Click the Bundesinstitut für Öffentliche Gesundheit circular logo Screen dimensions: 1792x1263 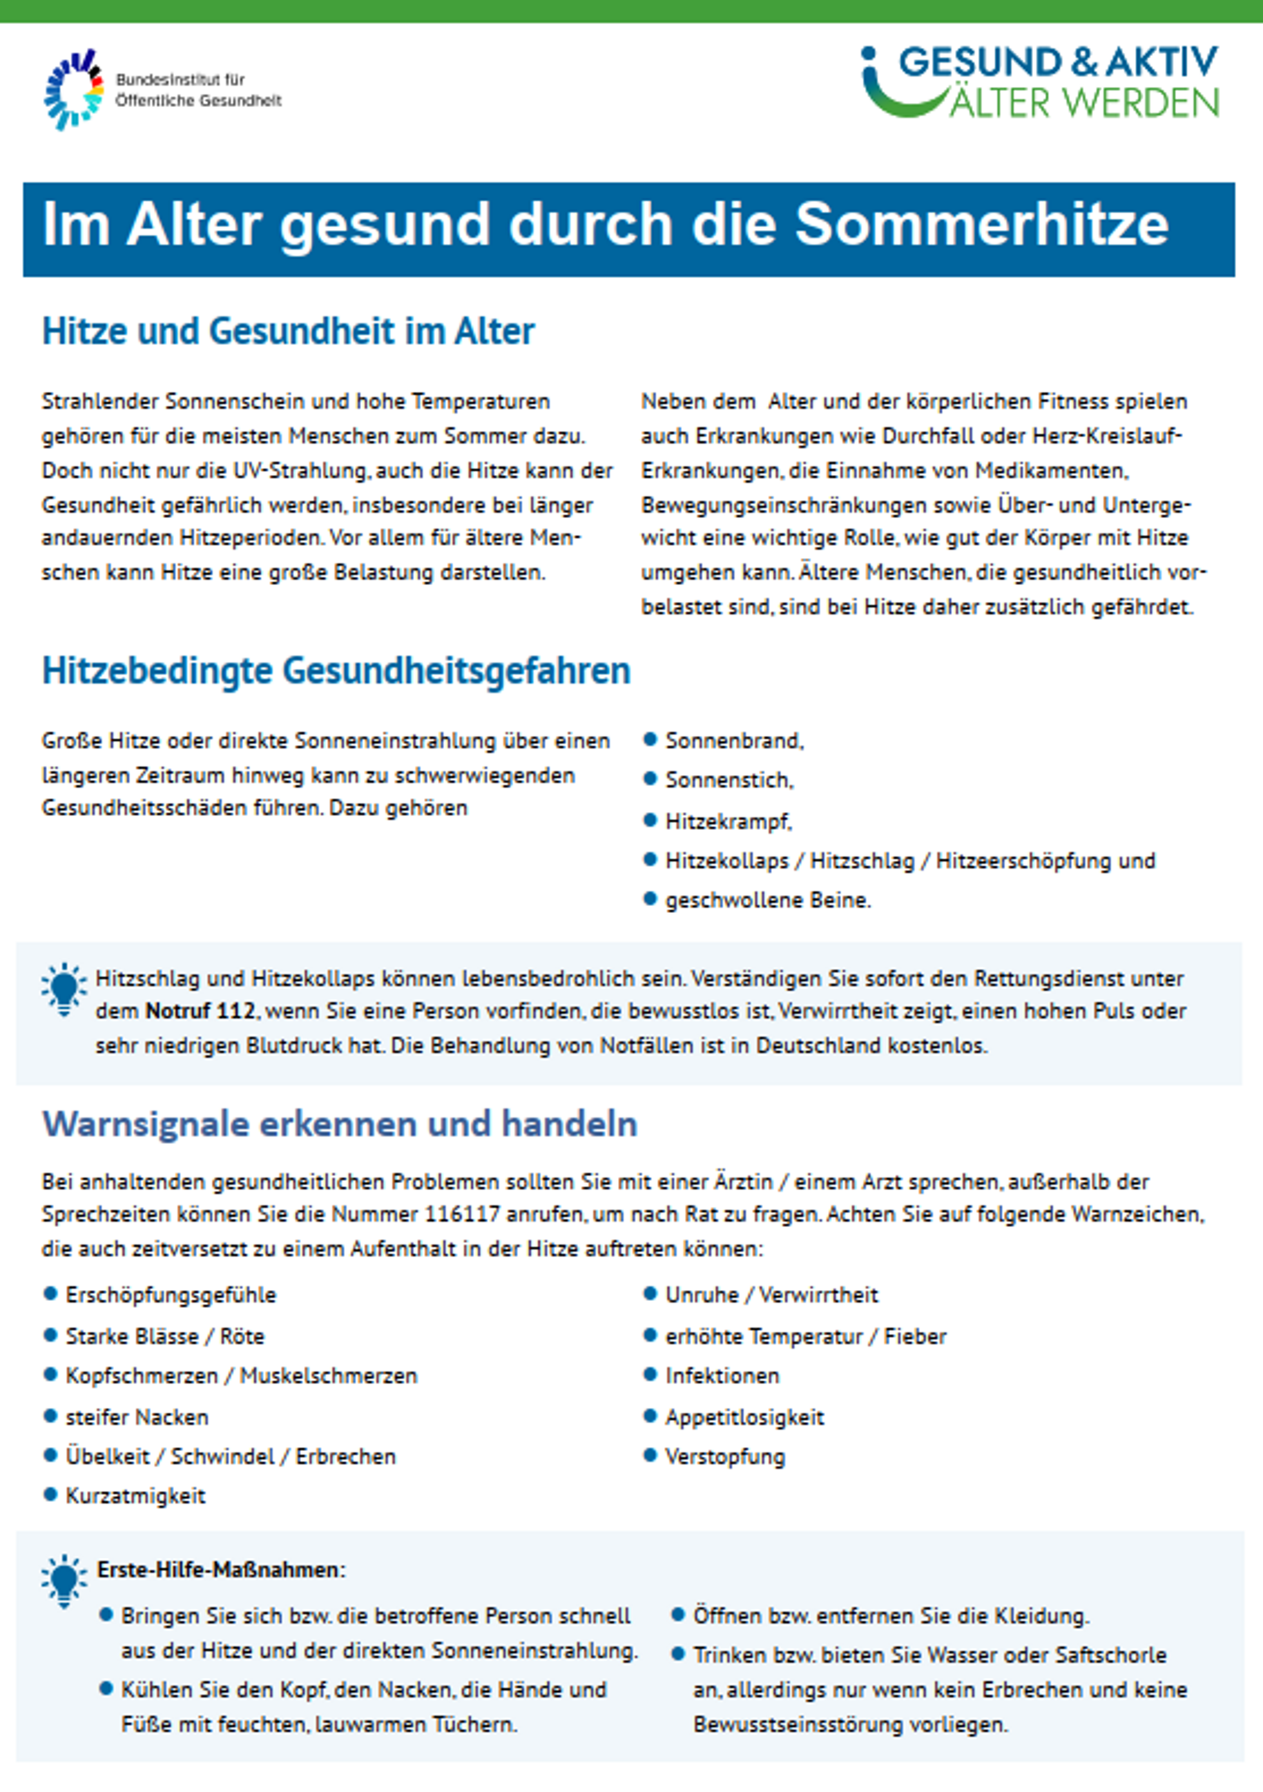click(x=73, y=89)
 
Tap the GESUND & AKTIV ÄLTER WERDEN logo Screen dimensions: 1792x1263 click(x=1041, y=82)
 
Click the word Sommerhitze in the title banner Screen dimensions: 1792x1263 click(x=981, y=226)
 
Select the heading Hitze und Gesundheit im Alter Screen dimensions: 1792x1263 click(x=288, y=331)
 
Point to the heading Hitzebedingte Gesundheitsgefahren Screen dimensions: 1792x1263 click(x=336, y=670)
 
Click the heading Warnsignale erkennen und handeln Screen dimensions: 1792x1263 click(x=340, y=1124)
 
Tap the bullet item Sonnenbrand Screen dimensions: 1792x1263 click(x=734, y=740)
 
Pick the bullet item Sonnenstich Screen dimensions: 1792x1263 click(x=729, y=780)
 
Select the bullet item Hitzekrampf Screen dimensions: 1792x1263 click(x=728, y=821)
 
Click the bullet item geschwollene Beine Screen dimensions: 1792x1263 click(x=767, y=900)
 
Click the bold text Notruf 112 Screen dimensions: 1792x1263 click(x=200, y=1012)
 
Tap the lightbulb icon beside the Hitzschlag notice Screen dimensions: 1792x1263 click(x=64, y=988)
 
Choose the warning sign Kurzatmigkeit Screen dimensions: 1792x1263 click(x=135, y=1496)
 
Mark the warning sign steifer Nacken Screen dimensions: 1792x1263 click(x=137, y=1418)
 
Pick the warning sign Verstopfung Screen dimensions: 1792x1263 click(x=725, y=1456)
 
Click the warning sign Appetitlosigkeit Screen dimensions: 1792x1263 click(x=745, y=1418)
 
